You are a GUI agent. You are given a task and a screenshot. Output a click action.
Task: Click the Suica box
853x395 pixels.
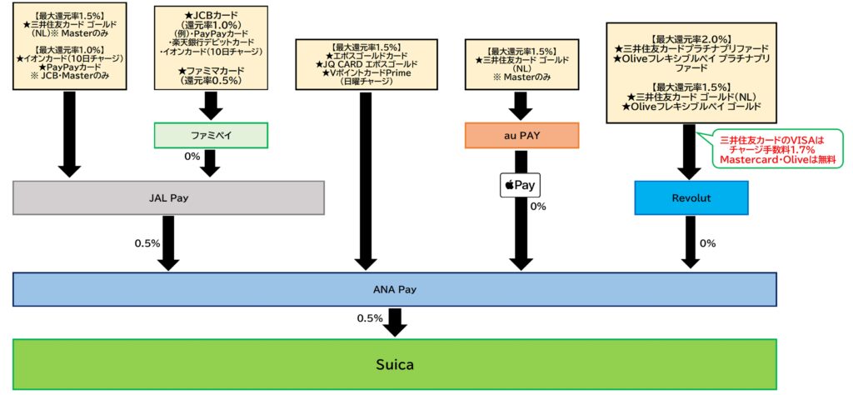click(395, 364)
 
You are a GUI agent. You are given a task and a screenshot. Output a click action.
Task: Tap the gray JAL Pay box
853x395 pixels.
click(167, 198)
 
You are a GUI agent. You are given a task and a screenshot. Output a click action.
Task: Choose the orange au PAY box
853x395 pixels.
click(521, 136)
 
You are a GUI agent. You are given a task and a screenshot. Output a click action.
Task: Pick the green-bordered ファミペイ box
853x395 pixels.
click(210, 135)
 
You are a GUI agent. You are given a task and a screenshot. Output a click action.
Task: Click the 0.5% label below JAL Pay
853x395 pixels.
click(147, 243)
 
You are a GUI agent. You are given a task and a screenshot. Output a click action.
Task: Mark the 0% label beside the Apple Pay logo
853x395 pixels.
click(538, 206)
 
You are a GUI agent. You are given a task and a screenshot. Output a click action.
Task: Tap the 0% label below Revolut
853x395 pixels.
click(707, 243)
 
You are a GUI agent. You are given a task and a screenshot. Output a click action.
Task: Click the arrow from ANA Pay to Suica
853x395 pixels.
click(396, 321)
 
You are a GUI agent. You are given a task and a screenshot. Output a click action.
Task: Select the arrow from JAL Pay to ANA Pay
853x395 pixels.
click(168, 242)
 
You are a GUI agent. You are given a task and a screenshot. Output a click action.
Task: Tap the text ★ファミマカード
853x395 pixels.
click(210, 71)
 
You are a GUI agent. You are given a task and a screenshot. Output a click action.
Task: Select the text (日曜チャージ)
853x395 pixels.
click(363, 81)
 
